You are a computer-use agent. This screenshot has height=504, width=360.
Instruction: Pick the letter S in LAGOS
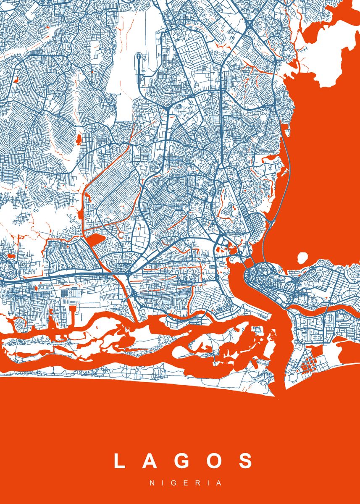pyautogui.click(x=246, y=461)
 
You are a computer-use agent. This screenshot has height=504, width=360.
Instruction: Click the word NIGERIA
pyautogui.click(x=186, y=483)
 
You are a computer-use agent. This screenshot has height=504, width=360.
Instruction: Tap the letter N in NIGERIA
pyautogui.click(x=152, y=483)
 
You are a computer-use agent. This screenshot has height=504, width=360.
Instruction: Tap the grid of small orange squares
pyautogui.click(x=309, y=362)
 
